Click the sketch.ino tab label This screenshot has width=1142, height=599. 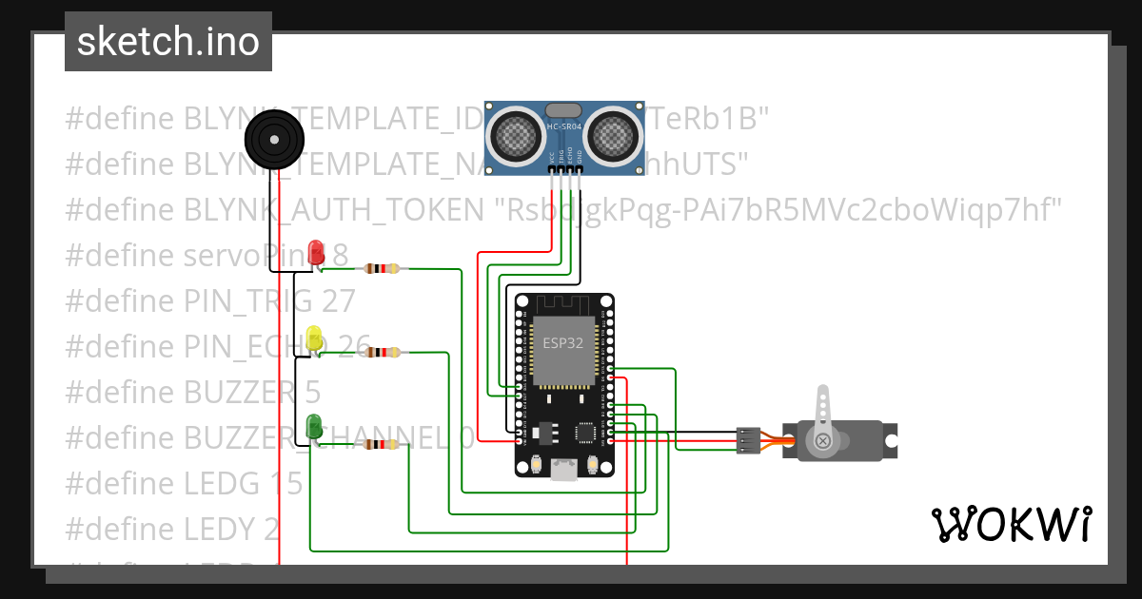click(x=167, y=42)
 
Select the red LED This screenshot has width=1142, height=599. click(x=316, y=254)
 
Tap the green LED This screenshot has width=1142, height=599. click(x=315, y=427)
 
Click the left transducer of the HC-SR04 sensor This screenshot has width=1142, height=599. click(x=519, y=134)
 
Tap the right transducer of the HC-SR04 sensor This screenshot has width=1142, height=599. click(x=609, y=134)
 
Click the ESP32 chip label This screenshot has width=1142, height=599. click(x=562, y=343)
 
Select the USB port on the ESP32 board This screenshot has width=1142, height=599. click(x=563, y=467)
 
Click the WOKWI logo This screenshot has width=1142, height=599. click(x=1011, y=524)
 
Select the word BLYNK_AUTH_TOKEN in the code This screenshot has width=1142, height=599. click(x=333, y=209)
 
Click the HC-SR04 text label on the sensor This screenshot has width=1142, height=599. click(x=563, y=127)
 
